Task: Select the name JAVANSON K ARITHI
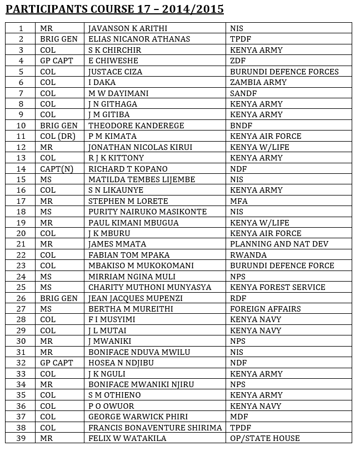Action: (x=128, y=28)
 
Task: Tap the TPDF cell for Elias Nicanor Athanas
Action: (x=240, y=39)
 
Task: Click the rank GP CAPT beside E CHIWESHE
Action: (x=56, y=61)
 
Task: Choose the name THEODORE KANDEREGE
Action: (x=136, y=126)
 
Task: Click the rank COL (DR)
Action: (x=58, y=136)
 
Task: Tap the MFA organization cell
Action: (x=239, y=201)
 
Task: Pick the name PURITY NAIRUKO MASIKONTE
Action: (x=147, y=212)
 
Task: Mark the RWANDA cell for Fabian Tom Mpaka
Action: (x=248, y=255)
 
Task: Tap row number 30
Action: (x=21, y=341)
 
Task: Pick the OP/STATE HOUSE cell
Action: (x=265, y=438)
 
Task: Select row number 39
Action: (x=21, y=438)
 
